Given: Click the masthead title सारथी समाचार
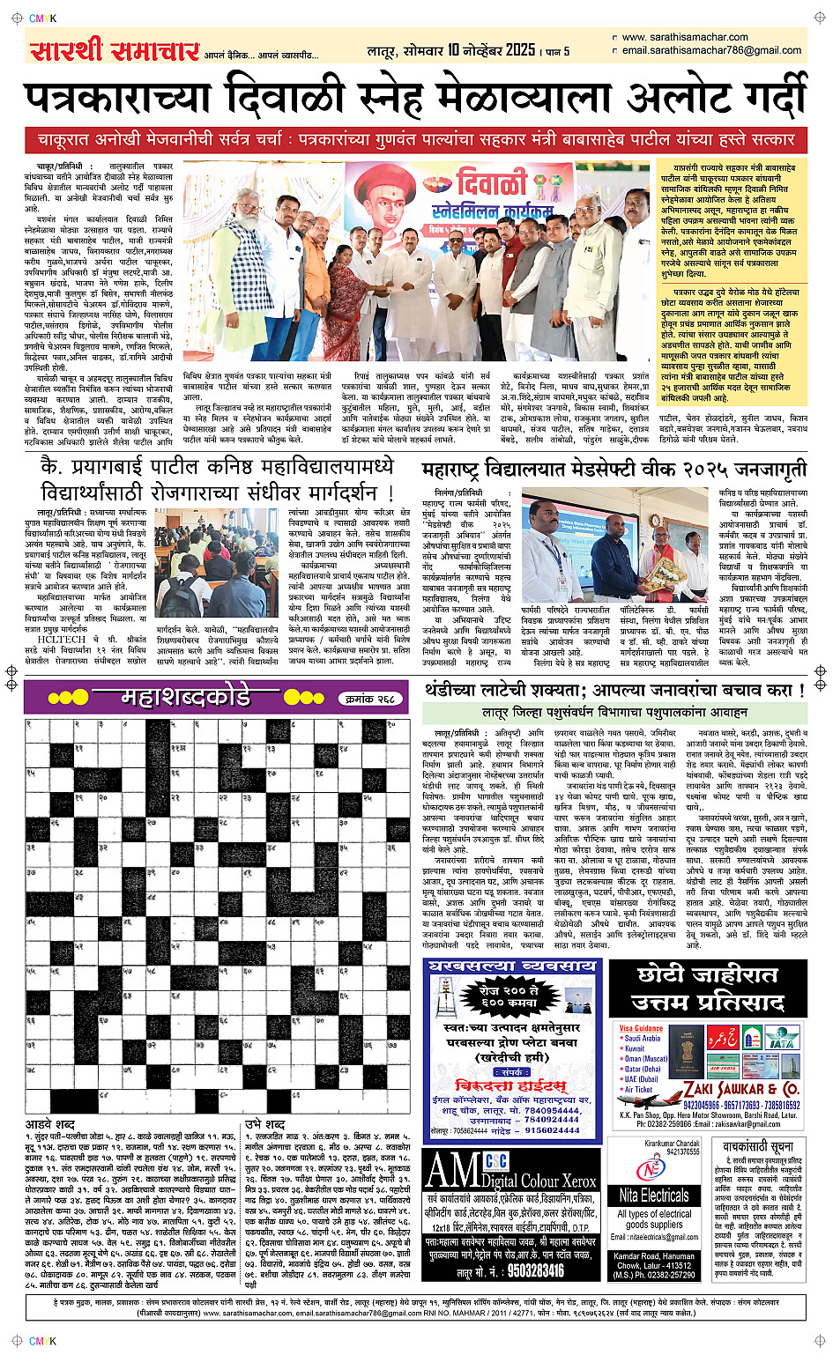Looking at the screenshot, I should point(115,50).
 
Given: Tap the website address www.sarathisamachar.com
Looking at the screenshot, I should point(685,37).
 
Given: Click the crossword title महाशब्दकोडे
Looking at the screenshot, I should point(185,698).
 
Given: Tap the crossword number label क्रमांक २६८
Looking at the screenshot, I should point(370,699).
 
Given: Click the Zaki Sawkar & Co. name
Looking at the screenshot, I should point(741,1089).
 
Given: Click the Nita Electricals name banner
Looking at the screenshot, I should point(654,1196).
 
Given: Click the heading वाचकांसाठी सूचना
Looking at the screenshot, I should point(757,1146).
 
